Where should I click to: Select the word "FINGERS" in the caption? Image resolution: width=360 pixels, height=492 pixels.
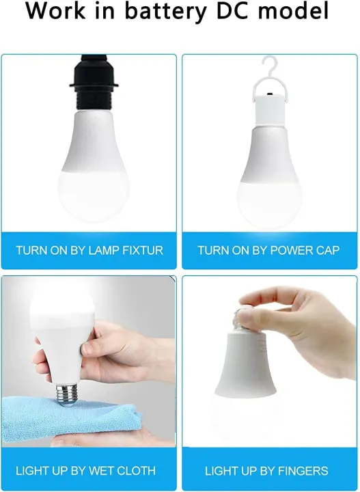click(303, 471)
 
